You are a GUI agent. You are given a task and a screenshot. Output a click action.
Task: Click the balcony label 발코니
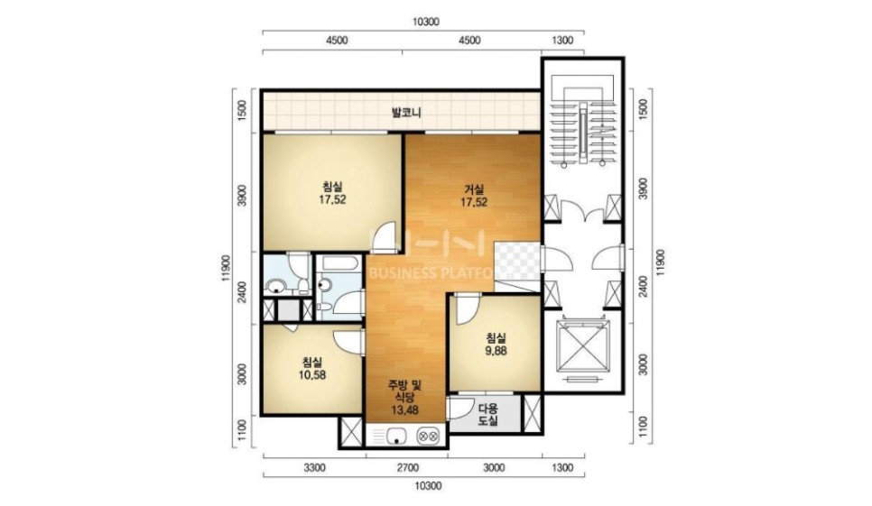pyautogui.click(x=406, y=113)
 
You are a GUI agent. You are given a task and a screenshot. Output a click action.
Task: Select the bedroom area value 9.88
pyautogui.click(x=496, y=351)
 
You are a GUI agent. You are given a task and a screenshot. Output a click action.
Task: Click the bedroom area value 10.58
pyautogui.click(x=312, y=375)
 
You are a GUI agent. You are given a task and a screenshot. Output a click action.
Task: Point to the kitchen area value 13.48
pyautogui.click(x=404, y=410)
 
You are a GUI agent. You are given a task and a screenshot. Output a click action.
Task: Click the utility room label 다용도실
pyautogui.click(x=488, y=415)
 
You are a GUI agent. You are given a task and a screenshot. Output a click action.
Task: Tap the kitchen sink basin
pyautogui.click(x=396, y=436)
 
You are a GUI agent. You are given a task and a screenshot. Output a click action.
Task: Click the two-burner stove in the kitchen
pyautogui.click(x=427, y=436)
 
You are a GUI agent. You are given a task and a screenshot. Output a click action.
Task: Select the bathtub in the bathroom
pyautogui.click(x=339, y=264)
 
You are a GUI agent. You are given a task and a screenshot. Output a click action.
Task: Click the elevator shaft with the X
pyautogui.click(x=583, y=348)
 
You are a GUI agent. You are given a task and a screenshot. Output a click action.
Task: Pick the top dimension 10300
pyautogui.click(x=425, y=23)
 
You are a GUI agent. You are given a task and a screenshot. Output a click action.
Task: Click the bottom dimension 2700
pyautogui.click(x=408, y=468)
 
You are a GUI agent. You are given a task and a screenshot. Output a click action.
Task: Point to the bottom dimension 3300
pyautogui.click(x=314, y=468)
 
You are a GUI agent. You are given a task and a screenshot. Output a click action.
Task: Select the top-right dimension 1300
pyautogui.click(x=562, y=40)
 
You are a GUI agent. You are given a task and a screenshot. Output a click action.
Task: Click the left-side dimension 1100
pyautogui.click(x=241, y=430)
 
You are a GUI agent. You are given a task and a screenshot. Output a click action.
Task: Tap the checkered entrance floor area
pyautogui.click(x=517, y=261)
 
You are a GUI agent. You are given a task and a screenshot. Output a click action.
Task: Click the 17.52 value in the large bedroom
pyautogui.click(x=332, y=199)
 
